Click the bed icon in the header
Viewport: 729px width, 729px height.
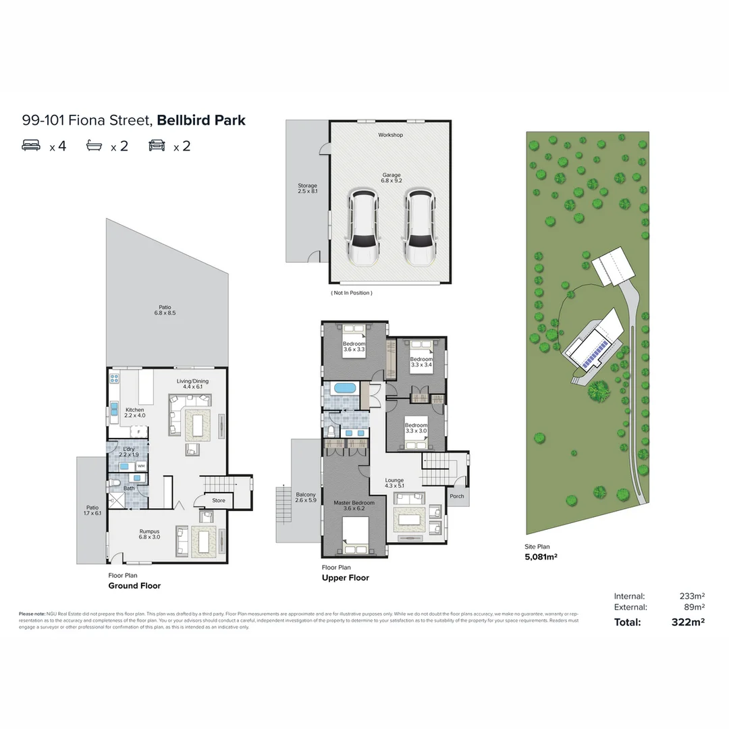(31, 145)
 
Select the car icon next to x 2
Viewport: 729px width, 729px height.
(157, 145)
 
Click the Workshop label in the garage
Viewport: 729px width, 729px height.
(390, 135)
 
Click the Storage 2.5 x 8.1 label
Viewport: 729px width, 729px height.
(307, 188)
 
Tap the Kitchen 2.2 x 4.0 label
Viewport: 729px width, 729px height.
(134, 412)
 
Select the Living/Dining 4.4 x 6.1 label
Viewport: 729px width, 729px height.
(193, 384)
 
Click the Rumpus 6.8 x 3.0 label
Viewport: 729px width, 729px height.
(149, 534)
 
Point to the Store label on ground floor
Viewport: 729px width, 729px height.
(219, 501)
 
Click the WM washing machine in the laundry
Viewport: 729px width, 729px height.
(141, 466)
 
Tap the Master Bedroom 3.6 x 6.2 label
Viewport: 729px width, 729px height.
(354, 506)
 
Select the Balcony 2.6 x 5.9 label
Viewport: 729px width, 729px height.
(306, 497)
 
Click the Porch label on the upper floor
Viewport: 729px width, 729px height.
(457, 496)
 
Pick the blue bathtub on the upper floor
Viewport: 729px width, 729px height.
(344, 388)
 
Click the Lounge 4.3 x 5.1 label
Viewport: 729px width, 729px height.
(394, 483)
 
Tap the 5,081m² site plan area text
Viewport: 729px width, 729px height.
(541, 557)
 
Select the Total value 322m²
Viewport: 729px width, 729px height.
(688, 622)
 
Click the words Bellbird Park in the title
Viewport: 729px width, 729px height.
(201, 121)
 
